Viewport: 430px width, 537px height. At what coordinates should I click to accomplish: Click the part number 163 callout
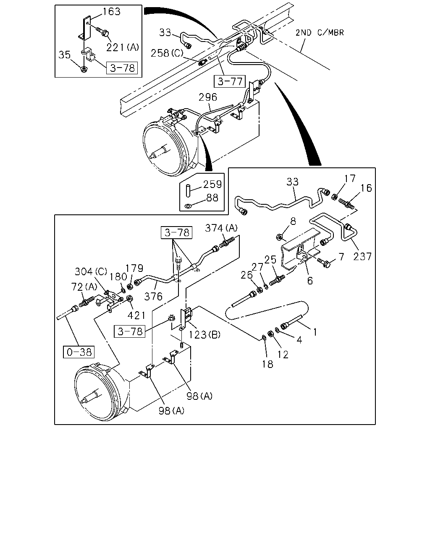coord(111,12)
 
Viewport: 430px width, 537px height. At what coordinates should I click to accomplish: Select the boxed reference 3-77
coord(230,81)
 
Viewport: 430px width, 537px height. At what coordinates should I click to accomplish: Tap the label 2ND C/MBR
coord(320,33)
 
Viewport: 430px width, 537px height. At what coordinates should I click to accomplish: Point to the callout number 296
coord(207,97)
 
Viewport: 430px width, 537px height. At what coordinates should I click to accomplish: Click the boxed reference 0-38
coord(79,352)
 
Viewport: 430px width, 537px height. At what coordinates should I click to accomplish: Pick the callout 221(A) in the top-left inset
coord(123,47)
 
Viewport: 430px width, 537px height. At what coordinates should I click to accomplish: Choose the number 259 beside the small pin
coord(212,184)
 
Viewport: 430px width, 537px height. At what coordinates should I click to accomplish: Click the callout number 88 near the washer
coord(212,198)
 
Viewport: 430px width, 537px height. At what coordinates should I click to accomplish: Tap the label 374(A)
coord(221,228)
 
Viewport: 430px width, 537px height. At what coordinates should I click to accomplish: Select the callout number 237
coord(362,256)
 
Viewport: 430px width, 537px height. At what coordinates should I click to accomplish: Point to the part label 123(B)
coord(204,334)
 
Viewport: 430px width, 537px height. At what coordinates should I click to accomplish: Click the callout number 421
coord(136,315)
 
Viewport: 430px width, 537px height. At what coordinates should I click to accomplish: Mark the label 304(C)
coord(91,271)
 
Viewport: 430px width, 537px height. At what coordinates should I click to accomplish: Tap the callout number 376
coord(153,297)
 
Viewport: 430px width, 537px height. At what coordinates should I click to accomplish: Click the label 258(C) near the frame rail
coord(167,53)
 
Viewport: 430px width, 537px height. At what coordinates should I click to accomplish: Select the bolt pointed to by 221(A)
coord(103,31)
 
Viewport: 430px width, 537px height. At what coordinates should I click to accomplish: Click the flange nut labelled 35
coord(84,69)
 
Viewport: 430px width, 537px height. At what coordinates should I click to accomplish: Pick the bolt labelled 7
coord(324,263)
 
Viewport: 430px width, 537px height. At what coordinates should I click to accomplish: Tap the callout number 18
coord(267,364)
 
